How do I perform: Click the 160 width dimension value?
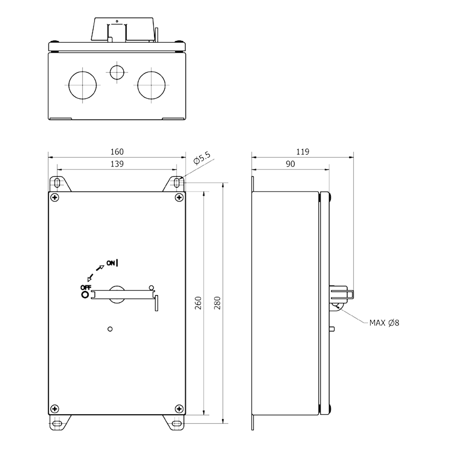117,152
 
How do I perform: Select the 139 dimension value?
117,164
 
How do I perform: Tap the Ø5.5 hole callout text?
202,158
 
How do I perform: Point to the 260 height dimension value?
198,303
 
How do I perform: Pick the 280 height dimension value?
217,303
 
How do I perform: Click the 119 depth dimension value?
303,152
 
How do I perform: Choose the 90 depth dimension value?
290,164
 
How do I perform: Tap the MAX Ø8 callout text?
384,323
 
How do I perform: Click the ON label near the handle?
111,263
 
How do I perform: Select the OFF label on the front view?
86,288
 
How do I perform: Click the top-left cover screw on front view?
55,198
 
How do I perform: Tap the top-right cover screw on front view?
179,198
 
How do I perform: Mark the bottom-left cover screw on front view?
55,409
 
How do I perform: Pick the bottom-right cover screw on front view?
179,409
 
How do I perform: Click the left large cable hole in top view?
83,85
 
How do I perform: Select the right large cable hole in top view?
151,85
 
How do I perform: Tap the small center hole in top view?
117,72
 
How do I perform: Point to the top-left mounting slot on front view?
57,182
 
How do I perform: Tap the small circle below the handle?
110,329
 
